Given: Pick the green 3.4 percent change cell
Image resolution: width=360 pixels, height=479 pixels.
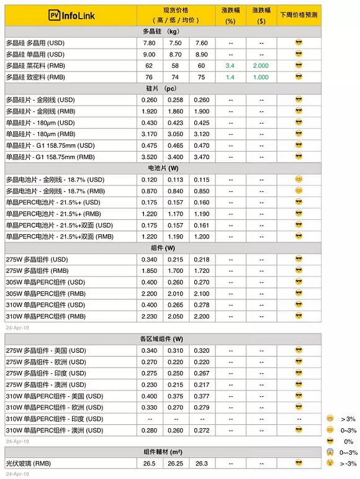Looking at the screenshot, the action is [231, 65].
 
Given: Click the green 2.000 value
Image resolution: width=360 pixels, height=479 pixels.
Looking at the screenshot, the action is [261, 65].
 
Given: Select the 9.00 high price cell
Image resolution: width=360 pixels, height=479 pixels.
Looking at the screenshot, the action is [149, 54].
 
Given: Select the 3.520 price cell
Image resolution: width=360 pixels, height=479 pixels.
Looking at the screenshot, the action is [149, 157].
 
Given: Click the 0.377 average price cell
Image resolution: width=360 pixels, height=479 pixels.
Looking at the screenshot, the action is [202, 396].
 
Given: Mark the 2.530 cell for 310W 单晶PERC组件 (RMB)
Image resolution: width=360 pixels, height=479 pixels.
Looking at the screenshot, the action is [149, 316].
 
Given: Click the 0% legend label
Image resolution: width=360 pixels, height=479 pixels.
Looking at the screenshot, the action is [348, 440].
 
